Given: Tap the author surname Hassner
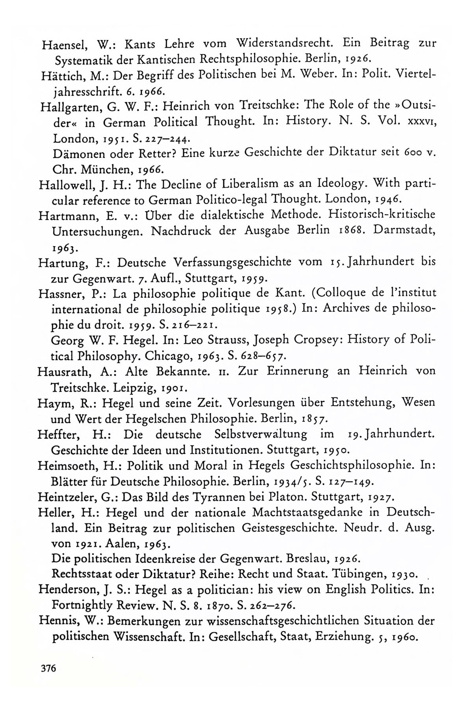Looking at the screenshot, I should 58,293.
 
